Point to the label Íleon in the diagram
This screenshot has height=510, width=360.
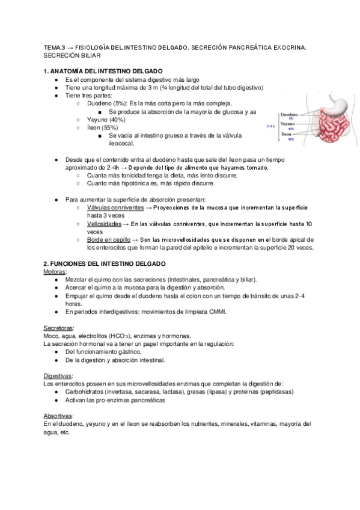coord(287,134)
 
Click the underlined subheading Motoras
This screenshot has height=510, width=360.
coord(55,272)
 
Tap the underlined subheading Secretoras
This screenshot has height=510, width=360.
coord(59,328)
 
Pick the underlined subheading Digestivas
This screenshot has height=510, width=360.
coord(58,376)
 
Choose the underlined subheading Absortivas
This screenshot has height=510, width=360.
coord(59,416)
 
